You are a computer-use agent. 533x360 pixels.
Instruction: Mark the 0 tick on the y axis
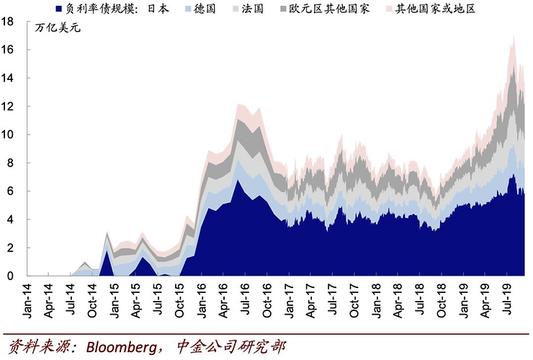click(12, 276)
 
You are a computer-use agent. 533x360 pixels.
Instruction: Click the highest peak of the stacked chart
click(512, 37)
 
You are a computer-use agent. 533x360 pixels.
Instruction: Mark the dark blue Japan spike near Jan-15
click(107, 251)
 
